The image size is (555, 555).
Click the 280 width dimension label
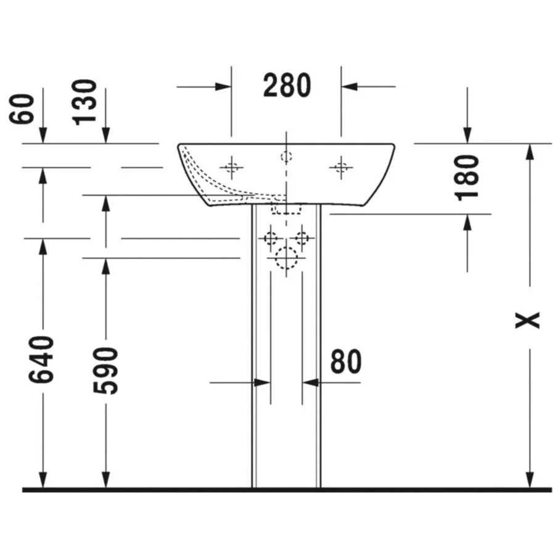click(287, 85)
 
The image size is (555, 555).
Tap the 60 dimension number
click(21, 109)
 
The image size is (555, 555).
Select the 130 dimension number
click(84, 102)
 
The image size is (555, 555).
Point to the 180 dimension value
click(467, 178)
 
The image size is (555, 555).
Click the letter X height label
click(527, 320)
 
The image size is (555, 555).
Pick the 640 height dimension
click(41, 360)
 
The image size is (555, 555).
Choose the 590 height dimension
click(105, 371)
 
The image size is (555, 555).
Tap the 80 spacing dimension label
click(346, 361)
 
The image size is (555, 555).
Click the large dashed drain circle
click(286, 258)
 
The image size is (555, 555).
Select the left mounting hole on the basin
click(231, 167)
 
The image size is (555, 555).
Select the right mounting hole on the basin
click(341, 167)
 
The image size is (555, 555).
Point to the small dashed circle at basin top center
click(286, 156)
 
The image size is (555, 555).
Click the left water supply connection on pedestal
click(271, 238)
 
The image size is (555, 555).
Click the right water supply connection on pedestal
click(302, 238)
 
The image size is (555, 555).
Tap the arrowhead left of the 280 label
click(223, 86)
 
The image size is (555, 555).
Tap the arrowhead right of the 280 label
click(350, 86)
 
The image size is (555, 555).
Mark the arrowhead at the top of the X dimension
click(530, 152)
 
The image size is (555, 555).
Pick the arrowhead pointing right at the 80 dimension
click(262, 382)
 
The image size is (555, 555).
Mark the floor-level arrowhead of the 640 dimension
click(43, 480)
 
